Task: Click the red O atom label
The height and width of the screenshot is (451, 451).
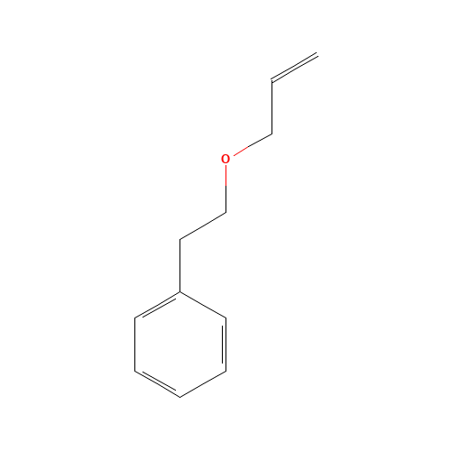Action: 225,159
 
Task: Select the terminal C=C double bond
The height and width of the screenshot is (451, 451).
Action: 294,68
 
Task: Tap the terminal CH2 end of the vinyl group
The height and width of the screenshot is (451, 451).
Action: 318,54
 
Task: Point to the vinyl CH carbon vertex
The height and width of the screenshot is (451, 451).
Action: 272,80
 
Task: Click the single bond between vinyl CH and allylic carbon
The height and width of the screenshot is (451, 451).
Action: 272,107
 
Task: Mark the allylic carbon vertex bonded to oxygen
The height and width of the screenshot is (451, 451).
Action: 272,133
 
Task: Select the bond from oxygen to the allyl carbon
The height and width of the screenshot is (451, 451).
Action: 253,144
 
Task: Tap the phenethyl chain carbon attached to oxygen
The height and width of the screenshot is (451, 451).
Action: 225,213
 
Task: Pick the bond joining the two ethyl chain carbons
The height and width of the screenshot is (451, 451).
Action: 203,226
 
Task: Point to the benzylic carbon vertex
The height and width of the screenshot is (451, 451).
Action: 179,239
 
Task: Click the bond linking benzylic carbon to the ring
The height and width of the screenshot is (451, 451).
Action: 179,265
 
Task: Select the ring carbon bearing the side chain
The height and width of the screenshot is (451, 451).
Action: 179,291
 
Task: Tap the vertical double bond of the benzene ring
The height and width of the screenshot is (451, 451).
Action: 225,345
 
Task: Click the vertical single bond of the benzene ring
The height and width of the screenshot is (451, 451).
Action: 135,345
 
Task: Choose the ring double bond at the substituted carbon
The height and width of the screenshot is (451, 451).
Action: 157,304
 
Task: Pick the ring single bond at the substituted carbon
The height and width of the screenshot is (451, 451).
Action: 203,304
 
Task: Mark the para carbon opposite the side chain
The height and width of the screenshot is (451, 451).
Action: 179,397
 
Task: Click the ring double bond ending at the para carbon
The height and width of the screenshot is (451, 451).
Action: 157,384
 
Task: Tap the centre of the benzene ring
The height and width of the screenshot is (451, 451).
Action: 180,345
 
